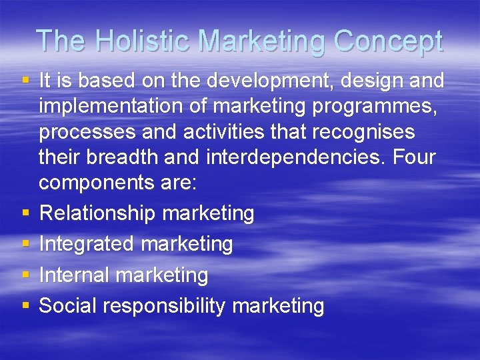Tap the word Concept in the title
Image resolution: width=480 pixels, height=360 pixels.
[388, 41]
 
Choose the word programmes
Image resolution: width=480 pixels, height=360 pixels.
[383, 107]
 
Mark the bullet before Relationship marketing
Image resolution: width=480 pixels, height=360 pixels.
[25, 213]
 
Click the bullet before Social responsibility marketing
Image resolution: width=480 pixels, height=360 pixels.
[25, 306]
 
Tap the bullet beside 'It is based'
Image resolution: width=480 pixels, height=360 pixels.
[25, 81]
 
